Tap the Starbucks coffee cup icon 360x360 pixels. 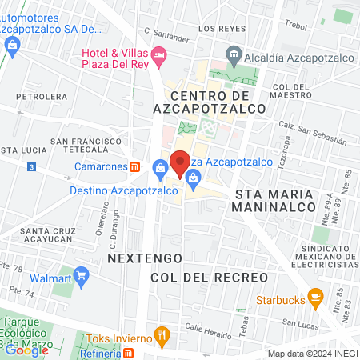[x=315, y=300]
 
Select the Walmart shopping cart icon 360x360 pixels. [x=81, y=277]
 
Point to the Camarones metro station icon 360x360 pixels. [x=136, y=166]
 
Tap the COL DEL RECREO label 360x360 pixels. [x=208, y=277]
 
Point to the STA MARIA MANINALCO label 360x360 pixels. [x=272, y=200]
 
